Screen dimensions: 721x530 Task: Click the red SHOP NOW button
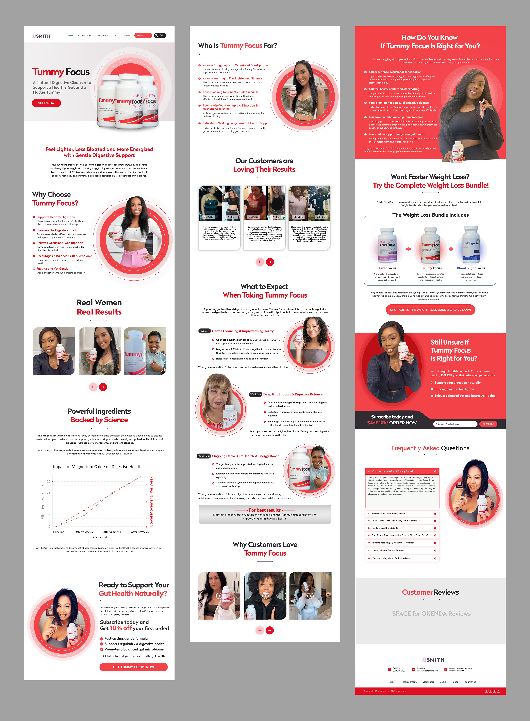tap(46, 103)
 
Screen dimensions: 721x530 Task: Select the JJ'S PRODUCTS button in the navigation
tap(143, 35)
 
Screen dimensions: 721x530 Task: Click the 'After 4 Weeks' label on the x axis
tap(112, 532)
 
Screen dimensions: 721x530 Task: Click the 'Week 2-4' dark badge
tap(255, 394)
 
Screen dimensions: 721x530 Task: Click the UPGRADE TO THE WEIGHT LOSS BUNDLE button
tap(430, 310)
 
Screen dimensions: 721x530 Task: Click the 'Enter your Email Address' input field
tap(455, 424)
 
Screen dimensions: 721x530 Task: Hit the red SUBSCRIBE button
tap(488, 424)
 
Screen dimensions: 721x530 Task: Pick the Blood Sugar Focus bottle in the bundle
tap(471, 245)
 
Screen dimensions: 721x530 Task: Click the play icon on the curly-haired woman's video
tap(265, 596)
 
